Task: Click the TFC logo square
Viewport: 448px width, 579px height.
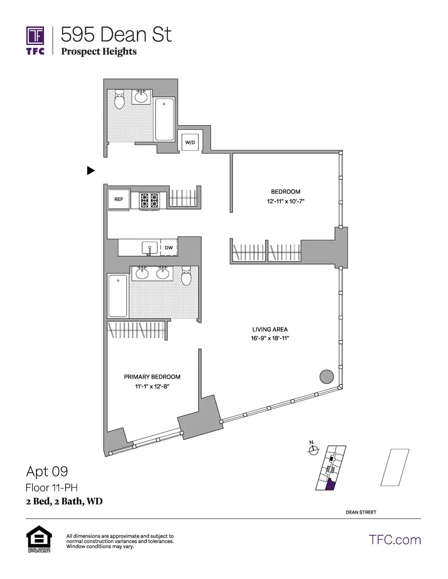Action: point(35,36)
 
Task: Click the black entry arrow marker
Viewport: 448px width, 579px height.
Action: point(91,170)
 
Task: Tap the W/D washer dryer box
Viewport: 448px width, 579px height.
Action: point(190,142)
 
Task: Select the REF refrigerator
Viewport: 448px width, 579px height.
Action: point(118,199)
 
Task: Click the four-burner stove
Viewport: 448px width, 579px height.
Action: point(149,200)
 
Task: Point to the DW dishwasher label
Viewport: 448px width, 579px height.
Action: point(169,248)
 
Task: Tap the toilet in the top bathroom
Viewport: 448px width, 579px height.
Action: point(119,99)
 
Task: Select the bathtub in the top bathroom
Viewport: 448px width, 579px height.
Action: point(164,119)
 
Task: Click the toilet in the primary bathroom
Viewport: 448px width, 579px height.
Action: point(186,276)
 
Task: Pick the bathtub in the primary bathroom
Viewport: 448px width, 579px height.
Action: point(118,295)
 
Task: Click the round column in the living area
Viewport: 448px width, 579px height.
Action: point(327,377)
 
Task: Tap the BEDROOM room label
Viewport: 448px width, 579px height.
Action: point(286,192)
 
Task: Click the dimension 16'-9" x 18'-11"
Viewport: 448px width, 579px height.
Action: point(270,339)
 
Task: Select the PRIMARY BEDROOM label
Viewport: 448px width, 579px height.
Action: point(152,377)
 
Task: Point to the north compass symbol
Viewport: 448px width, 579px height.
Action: point(314,450)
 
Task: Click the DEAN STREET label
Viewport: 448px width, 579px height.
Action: point(361,512)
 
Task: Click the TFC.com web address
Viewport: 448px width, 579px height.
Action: point(395,540)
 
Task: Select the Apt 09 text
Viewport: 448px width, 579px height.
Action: point(47,472)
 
